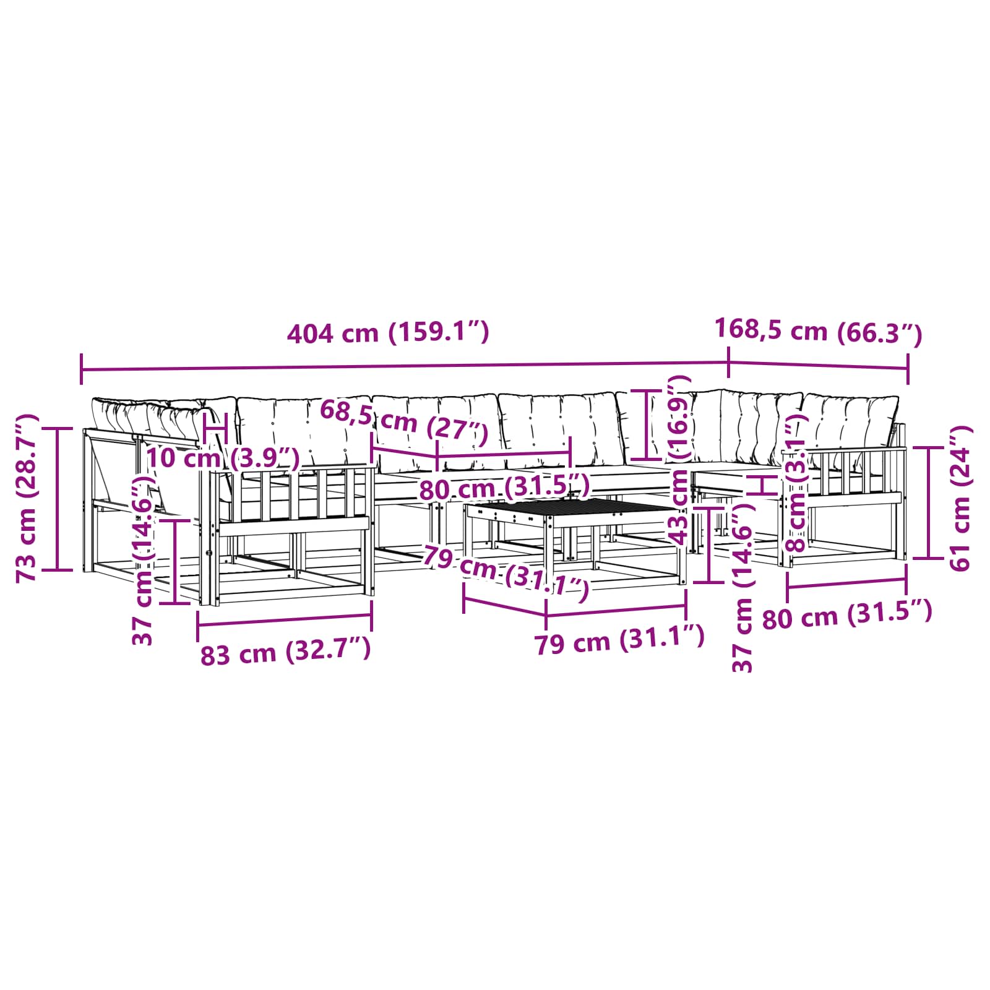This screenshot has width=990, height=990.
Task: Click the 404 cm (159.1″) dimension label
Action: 388,333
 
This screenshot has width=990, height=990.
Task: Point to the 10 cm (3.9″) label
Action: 223,458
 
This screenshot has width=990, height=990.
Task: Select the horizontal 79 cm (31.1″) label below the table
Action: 619,640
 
